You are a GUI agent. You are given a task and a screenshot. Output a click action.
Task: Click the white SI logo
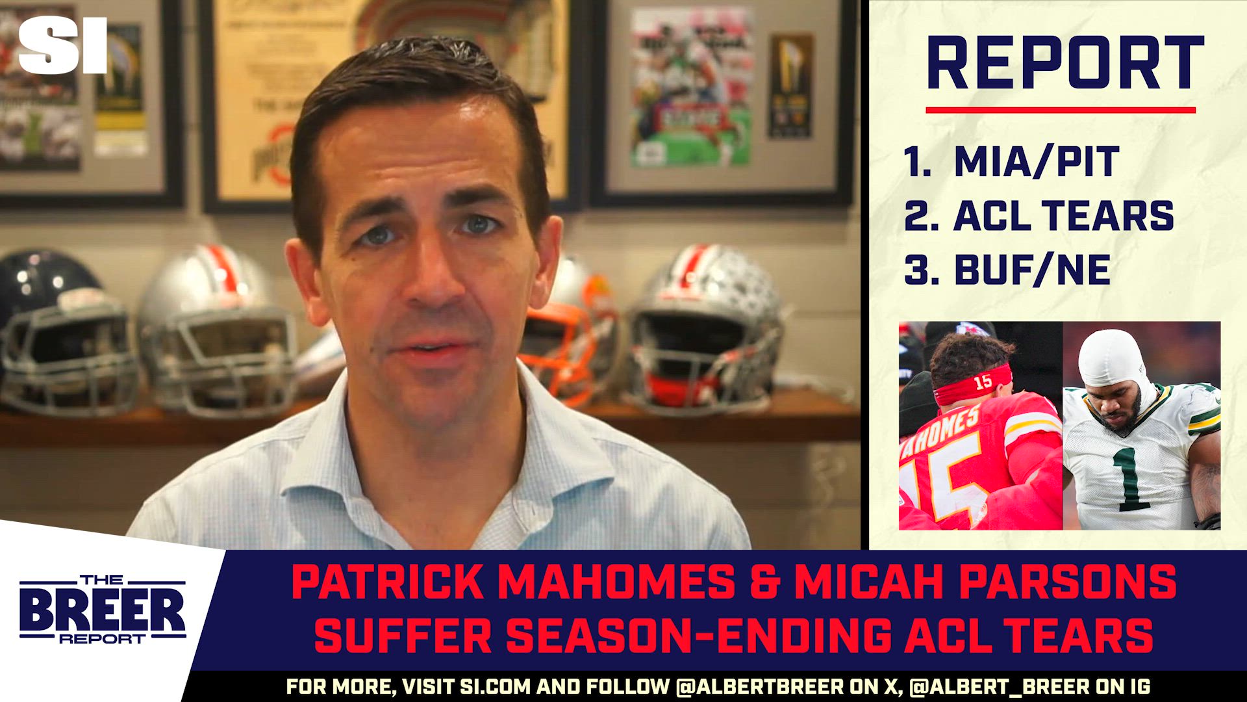coord(62,45)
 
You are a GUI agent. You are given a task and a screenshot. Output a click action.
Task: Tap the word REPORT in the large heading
coord(1065,63)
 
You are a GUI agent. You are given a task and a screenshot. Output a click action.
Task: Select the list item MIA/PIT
coord(1037,162)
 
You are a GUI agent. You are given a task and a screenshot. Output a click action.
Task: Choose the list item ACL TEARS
coord(1063,216)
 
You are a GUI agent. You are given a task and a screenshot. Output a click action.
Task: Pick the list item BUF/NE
coord(1032,270)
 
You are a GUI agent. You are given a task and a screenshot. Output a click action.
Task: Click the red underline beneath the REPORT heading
coord(1060,110)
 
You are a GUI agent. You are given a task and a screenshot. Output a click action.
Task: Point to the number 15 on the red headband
coord(983,382)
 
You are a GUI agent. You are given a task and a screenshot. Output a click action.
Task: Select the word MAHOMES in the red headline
coord(616,582)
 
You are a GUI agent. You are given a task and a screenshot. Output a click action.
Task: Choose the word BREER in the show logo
coord(102,610)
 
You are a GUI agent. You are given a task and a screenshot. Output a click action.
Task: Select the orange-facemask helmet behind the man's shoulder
coord(565,338)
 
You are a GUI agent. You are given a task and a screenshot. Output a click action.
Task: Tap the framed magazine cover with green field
coord(692,88)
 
